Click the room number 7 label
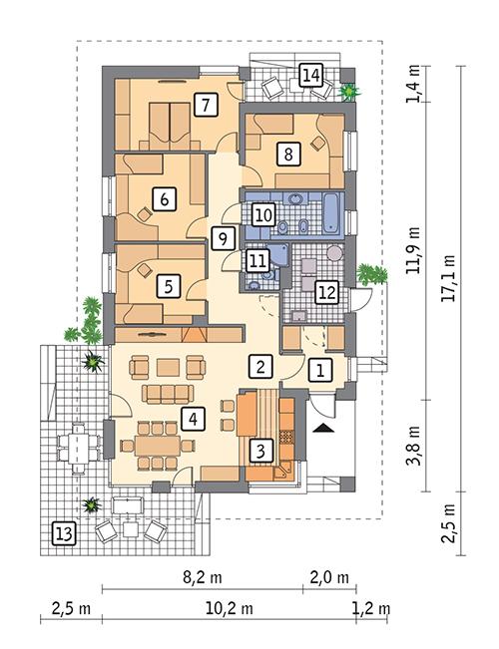point(207,103)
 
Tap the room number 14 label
point(310,74)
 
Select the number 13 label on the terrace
point(63,535)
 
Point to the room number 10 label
point(262,213)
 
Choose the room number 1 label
point(319,370)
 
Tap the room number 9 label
point(224,237)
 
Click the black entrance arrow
point(325,428)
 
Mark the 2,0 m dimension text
point(329,577)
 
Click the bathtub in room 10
point(330,212)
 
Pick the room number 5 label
point(170,286)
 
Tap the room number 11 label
point(258,260)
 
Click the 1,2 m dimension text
point(370,607)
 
